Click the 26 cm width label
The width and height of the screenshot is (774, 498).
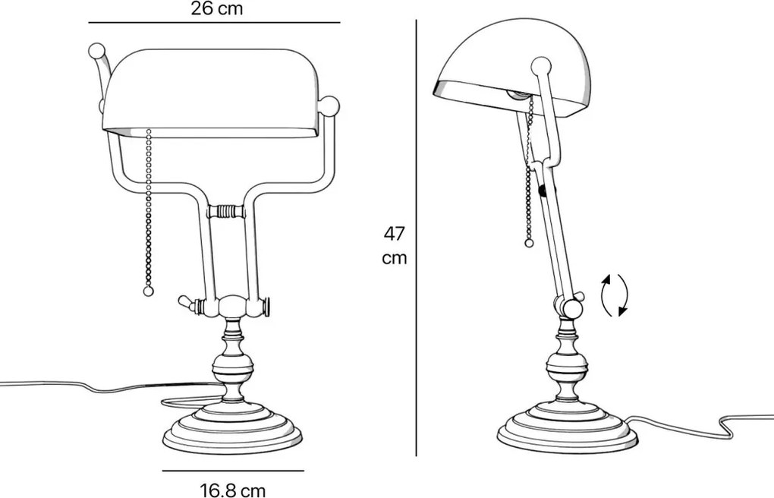[217, 9]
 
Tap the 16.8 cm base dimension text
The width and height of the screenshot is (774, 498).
[233, 490]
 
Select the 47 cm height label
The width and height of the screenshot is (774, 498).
[394, 244]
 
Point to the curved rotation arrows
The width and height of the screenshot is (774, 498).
[614, 295]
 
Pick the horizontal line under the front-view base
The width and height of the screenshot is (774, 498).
[233, 471]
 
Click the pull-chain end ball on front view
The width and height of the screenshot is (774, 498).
[148, 291]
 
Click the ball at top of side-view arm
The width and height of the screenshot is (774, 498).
[540, 65]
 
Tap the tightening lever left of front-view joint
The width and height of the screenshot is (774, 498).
[186, 303]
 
